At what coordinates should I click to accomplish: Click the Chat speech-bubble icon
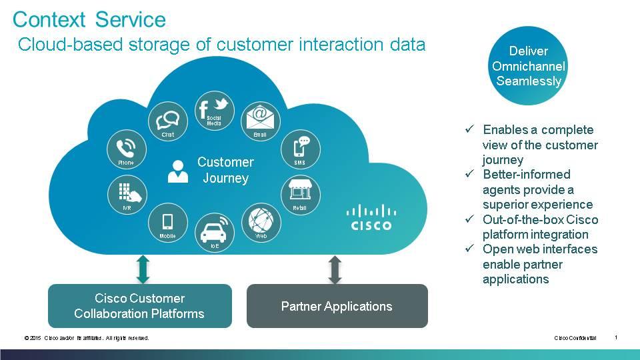pyautogui.click(x=167, y=121)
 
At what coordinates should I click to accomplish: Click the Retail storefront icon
pyautogui.click(x=299, y=192)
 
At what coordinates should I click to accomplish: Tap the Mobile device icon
pyautogui.click(x=167, y=221)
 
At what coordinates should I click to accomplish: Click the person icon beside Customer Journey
pyautogui.click(x=177, y=171)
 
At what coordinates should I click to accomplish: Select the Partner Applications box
pyautogui.click(x=337, y=307)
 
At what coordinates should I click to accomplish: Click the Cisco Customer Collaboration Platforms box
pyautogui.click(x=139, y=306)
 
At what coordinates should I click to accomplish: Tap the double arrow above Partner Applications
pyautogui.click(x=335, y=269)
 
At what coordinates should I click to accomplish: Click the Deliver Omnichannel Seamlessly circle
pyautogui.click(x=528, y=67)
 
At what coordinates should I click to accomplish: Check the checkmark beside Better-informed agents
pyautogui.click(x=470, y=174)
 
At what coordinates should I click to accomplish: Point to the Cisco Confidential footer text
pyautogui.click(x=575, y=338)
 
